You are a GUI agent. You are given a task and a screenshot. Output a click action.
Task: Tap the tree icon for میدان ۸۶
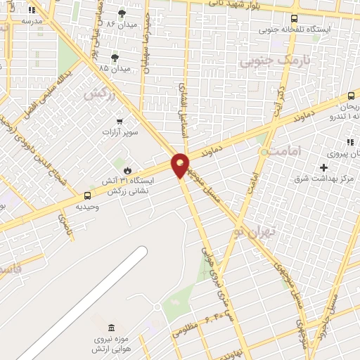[x=122, y=13]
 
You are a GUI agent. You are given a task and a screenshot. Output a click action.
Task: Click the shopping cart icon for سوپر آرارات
[x=119, y=121]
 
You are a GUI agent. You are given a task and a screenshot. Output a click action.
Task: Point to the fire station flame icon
[x=127, y=169]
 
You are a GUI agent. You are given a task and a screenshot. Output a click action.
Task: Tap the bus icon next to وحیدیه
[x=88, y=195]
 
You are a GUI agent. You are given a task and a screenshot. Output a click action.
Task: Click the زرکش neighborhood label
[x=99, y=93]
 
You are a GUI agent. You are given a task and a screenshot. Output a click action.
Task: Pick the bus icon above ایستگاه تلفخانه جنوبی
[x=293, y=19]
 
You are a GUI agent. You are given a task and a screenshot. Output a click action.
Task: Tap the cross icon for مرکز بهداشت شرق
[x=323, y=167]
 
